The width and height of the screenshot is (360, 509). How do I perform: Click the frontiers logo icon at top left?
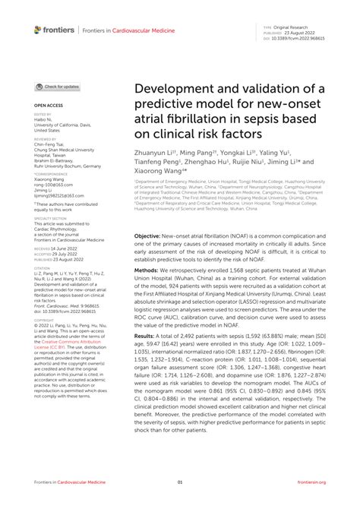pyautogui.click(x=38, y=30)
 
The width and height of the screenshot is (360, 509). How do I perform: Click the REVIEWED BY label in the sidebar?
pyautogui.click(x=46, y=139)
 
